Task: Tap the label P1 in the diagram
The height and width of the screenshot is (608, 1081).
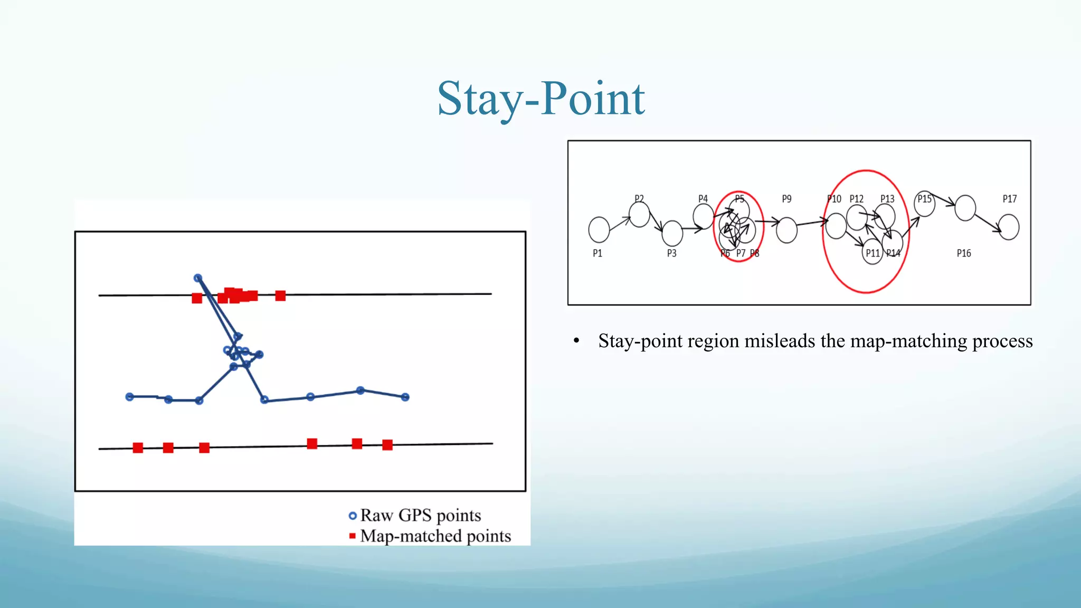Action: pyautogui.click(x=597, y=253)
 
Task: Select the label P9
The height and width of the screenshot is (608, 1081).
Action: pyautogui.click(x=786, y=199)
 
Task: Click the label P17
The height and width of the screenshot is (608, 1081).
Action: pyautogui.click(x=1009, y=199)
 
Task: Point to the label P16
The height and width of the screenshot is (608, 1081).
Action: pyautogui.click(x=963, y=253)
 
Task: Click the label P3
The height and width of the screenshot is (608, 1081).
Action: pyautogui.click(x=671, y=253)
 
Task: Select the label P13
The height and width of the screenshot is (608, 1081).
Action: pyautogui.click(x=887, y=199)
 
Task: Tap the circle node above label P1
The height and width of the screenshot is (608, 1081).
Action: pyautogui.click(x=599, y=230)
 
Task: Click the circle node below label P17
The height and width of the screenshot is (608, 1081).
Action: pyautogui.click(x=1009, y=227)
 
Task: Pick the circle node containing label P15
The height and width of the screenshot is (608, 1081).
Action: pyautogui.click(x=924, y=204)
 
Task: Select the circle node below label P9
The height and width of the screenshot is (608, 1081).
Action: pyautogui.click(x=786, y=230)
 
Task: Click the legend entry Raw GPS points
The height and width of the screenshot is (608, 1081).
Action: pyautogui.click(x=420, y=515)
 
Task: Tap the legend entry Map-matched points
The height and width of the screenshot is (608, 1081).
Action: pyautogui.click(x=435, y=536)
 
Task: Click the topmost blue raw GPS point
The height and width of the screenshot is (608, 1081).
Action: pyautogui.click(x=198, y=278)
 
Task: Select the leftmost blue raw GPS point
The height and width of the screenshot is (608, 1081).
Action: pyautogui.click(x=129, y=397)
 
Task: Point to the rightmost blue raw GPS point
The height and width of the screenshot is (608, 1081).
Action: pyautogui.click(x=405, y=397)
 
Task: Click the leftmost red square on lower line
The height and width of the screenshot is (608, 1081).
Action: pyautogui.click(x=138, y=448)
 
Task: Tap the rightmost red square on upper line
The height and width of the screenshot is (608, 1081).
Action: pyautogui.click(x=280, y=296)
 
